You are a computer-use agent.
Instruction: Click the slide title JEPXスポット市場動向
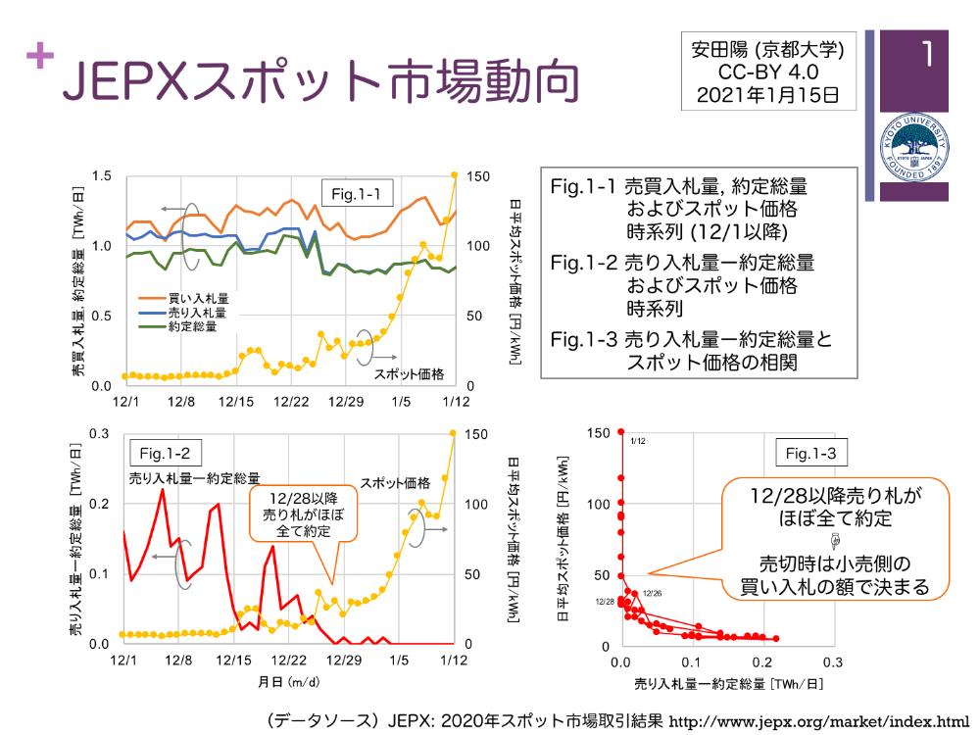(318, 81)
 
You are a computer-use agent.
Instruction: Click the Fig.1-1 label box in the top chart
(362, 194)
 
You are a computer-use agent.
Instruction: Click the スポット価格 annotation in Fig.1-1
(409, 373)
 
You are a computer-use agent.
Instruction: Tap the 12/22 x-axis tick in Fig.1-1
(291, 403)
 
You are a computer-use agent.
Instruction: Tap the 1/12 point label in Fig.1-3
(638, 442)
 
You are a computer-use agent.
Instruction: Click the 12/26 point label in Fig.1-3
(653, 594)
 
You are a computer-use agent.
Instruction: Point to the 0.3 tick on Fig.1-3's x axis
(833, 662)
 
